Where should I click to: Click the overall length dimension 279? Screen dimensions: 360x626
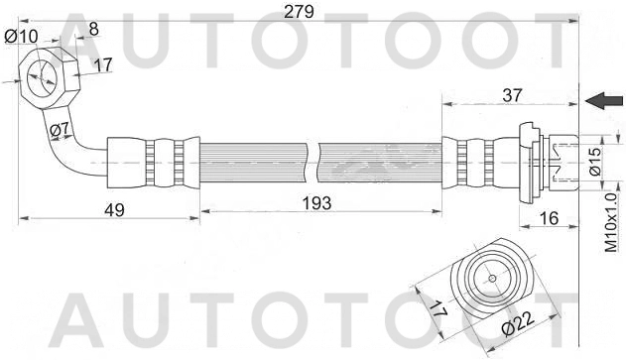coord(298,12)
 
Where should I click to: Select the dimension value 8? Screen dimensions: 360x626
coord(93,29)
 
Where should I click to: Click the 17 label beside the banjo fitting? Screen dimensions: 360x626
coord(102,67)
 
